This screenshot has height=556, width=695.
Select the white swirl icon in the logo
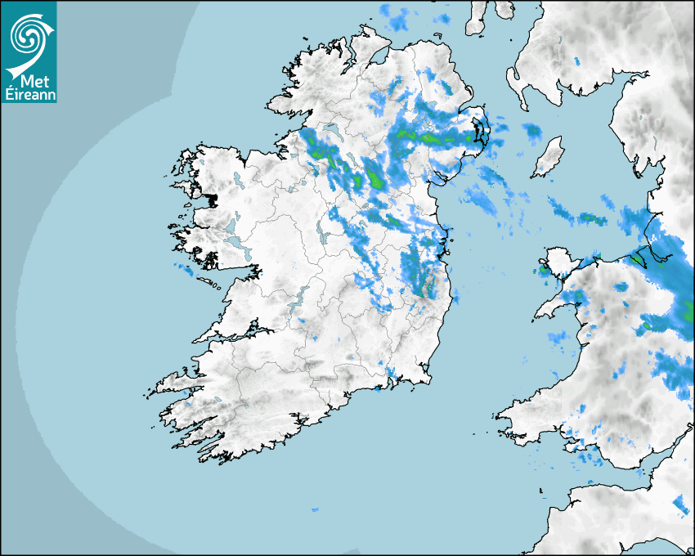click(29, 36)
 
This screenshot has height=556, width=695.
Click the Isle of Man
click(548, 157)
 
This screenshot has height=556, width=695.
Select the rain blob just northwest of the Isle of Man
click(532, 131)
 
